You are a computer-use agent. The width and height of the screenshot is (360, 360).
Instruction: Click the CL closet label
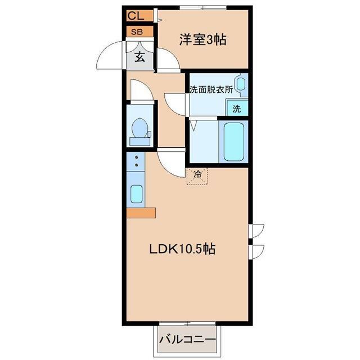pos(136,16)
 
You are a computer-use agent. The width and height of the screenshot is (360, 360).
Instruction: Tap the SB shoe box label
pos(137,31)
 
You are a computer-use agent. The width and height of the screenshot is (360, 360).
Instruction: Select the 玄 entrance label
pos(139,57)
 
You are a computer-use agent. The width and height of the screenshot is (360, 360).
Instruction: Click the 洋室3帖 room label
pos(202,39)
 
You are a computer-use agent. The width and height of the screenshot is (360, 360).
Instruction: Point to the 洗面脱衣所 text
pos(211,89)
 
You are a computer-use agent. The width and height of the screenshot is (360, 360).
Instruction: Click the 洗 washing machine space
pos(237,109)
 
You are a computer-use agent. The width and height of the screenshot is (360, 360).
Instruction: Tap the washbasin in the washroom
pos(241,84)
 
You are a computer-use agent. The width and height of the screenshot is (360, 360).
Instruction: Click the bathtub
pos(234,142)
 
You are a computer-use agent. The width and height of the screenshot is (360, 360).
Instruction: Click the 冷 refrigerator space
pos(197,175)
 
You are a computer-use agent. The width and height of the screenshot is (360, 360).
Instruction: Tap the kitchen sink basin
pos(136,194)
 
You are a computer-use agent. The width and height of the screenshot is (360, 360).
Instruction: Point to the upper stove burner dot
pos(137,157)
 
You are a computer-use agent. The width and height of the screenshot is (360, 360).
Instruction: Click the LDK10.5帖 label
pos(182,249)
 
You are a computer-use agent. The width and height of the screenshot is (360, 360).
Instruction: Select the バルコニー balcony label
pos(188,340)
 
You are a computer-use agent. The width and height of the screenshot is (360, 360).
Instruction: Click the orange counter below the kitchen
pos(141,213)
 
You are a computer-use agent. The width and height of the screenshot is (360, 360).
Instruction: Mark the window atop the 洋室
pos(203,7)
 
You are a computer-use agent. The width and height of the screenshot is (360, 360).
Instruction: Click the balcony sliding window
pos(187,324)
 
